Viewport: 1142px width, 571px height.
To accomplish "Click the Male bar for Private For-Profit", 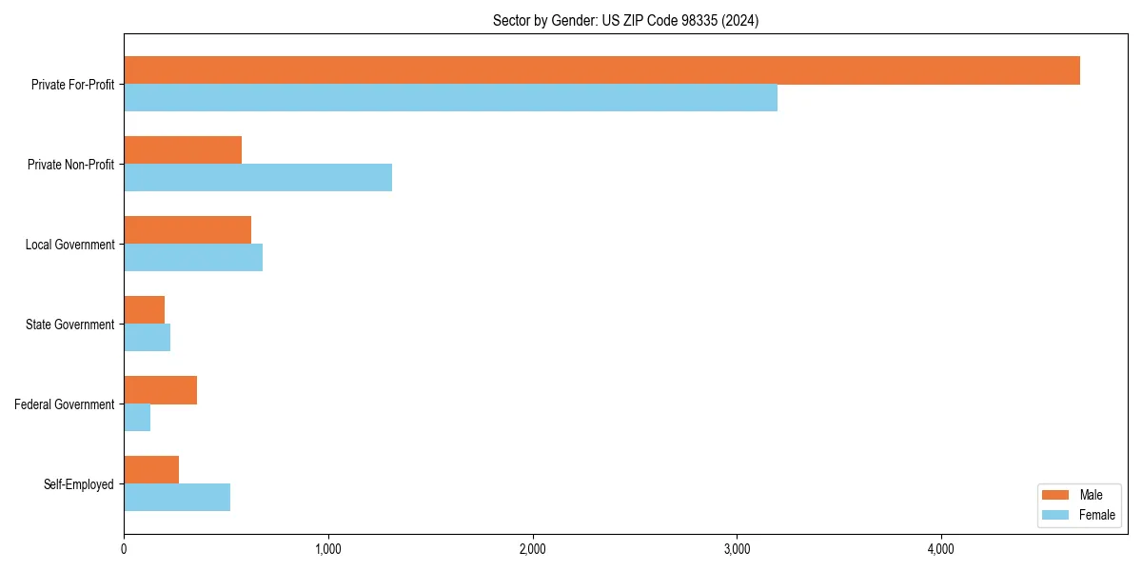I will (601, 70).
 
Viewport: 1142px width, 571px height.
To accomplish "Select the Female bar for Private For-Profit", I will (450, 98).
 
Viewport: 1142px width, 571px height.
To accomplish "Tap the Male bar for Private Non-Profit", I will (183, 150).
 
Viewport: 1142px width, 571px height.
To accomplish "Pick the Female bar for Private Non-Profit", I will (258, 178).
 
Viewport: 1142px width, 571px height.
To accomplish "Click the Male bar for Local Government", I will (187, 230).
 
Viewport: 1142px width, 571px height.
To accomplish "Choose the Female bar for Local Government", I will (193, 258).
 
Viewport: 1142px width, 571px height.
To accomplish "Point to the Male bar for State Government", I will (145, 310).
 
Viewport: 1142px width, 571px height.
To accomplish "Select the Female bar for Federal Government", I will (137, 418).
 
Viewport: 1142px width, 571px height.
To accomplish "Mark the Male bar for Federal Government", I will (160, 390).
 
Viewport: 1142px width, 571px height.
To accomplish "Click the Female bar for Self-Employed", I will (177, 498).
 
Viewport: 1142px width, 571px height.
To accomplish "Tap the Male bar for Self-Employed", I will (151, 470).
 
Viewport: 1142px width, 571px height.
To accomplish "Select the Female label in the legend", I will (1097, 515).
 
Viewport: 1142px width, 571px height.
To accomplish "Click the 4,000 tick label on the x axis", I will (940, 549).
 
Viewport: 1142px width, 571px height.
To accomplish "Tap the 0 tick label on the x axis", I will (124, 549).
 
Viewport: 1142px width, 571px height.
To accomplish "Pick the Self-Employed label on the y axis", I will (79, 484).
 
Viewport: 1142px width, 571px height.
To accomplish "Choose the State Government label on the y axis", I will (70, 325).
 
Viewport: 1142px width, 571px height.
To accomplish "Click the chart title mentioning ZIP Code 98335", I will (625, 20).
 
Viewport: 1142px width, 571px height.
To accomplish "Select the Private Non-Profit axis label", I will (71, 165).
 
